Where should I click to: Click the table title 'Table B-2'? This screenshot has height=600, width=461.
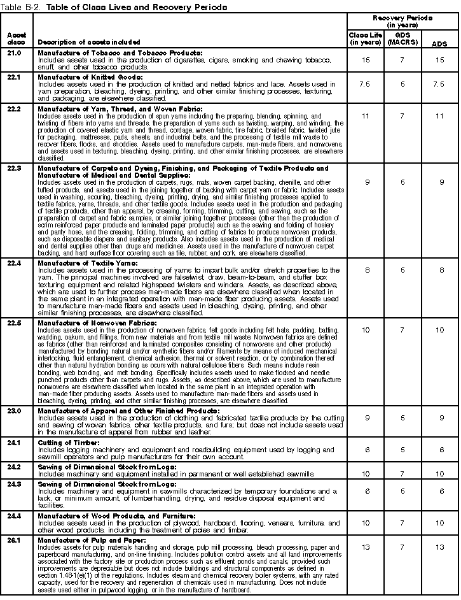tap(23, 7)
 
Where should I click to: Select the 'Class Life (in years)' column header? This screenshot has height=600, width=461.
tap(364, 38)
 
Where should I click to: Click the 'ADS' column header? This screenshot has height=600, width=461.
tap(438, 43)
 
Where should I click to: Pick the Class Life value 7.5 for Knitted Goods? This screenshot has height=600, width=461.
tap(364, 83)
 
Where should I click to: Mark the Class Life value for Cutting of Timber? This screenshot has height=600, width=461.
tap(364, 449)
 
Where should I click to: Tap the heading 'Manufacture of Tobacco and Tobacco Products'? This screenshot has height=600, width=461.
tap(120, 52)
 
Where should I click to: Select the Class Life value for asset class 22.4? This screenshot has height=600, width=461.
tap(364, 270)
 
